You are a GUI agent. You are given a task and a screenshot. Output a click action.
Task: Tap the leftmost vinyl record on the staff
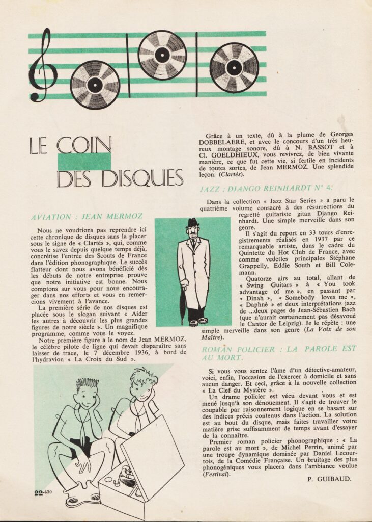tap(95, 85)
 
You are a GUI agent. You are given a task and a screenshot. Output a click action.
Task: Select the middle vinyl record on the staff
tap(162, 55)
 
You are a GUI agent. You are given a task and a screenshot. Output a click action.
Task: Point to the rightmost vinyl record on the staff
tap(234, 67)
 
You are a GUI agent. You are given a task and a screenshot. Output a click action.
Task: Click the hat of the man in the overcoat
tap(192, 222)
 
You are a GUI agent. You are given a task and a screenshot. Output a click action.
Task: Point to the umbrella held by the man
tap(182, 303)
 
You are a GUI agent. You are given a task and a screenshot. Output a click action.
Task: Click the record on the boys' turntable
tap(129, 477)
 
